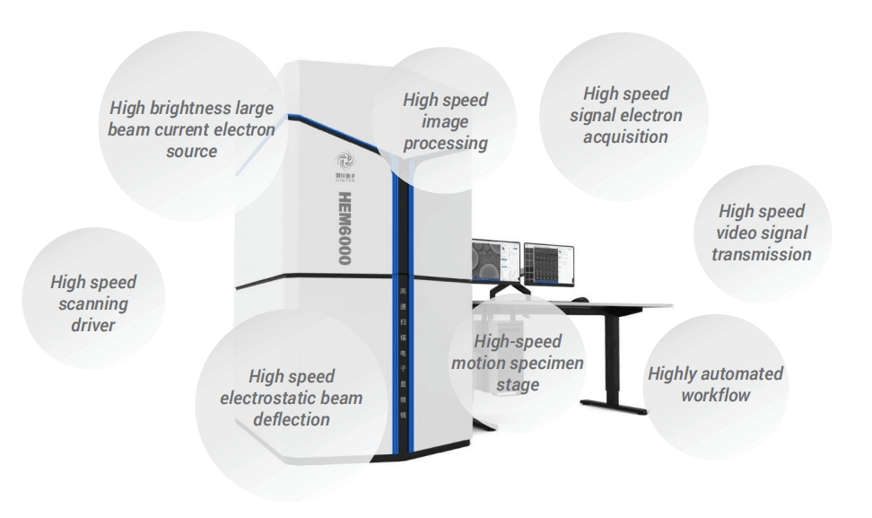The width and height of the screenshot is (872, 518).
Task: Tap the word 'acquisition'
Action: tap(625, 136)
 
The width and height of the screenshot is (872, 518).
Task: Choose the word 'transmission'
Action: tap(761, 253)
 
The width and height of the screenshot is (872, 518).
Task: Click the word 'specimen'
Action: tap(546, 363)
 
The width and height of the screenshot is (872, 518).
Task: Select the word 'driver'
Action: tap(94, 324)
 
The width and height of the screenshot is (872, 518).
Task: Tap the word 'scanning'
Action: tap(94, 303)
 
